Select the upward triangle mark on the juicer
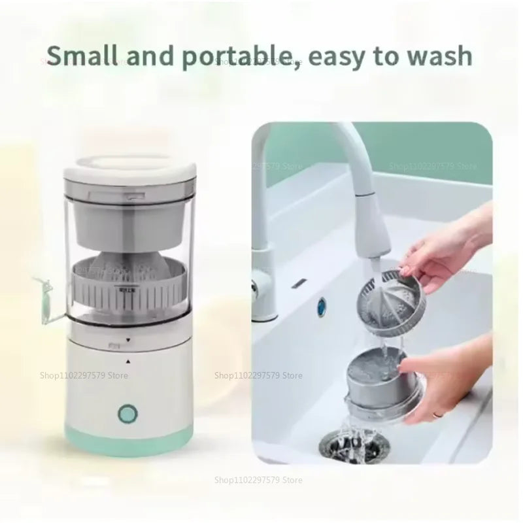(128, 361)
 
